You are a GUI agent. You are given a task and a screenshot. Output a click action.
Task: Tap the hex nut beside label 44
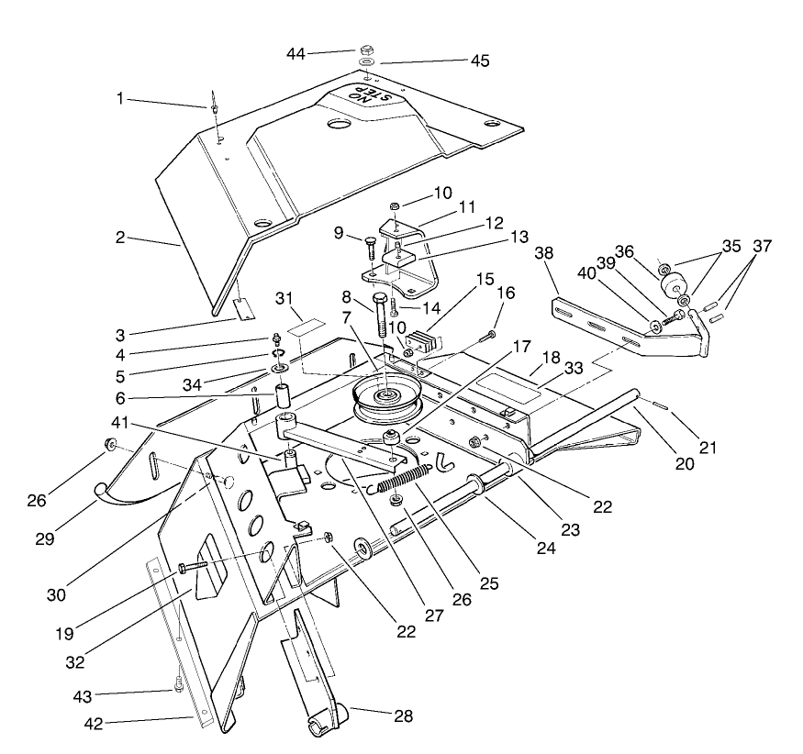(365, 50)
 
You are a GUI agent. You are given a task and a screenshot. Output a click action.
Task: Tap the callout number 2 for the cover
(120, 237)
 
